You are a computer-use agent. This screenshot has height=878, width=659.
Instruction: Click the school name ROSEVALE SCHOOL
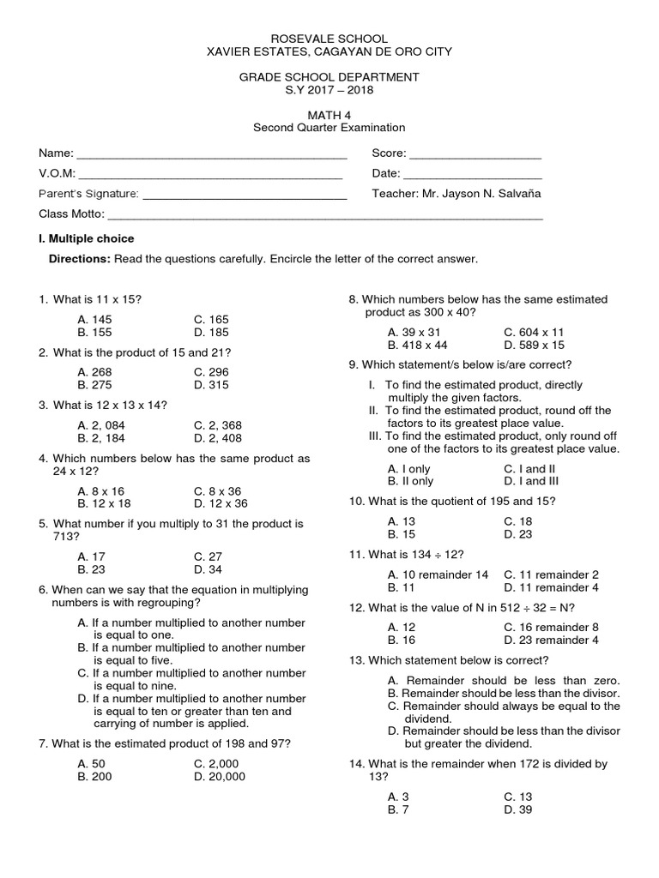click(x=329, y=39)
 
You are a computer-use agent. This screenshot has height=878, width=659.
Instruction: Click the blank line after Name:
click(x=211, y=154)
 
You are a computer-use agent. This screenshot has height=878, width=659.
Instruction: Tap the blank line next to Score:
click(x=475, y=154)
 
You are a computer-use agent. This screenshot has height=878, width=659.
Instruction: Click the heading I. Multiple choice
click(x=86, y=238)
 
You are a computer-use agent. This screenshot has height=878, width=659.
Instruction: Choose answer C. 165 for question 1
click(x=211, y=319)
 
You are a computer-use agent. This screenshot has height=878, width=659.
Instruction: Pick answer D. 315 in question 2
click(x=211, y=385)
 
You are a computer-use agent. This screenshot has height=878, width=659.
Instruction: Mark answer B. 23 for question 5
click(x=91, y=569)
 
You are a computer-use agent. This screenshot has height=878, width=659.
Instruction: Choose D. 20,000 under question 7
click(x=220, y=777)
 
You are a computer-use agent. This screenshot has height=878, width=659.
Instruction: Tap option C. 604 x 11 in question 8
click(x=534, y=332)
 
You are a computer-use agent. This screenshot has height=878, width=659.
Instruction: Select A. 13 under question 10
click(x=402, y=521)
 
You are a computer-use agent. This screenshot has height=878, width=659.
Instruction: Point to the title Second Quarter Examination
click(x=329, y=128)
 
